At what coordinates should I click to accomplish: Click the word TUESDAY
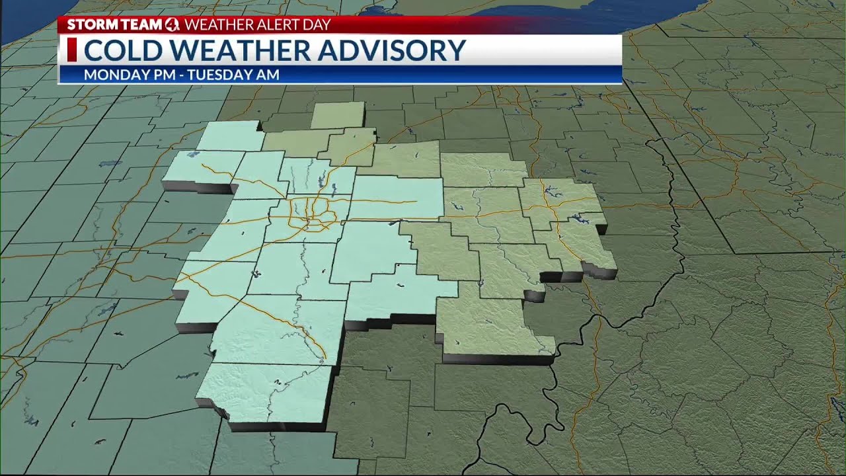[219, 75]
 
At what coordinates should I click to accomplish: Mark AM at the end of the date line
[269, 75]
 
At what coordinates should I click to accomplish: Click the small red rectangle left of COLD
[72, 51]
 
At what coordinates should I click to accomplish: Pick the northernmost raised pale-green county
[337, 115]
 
